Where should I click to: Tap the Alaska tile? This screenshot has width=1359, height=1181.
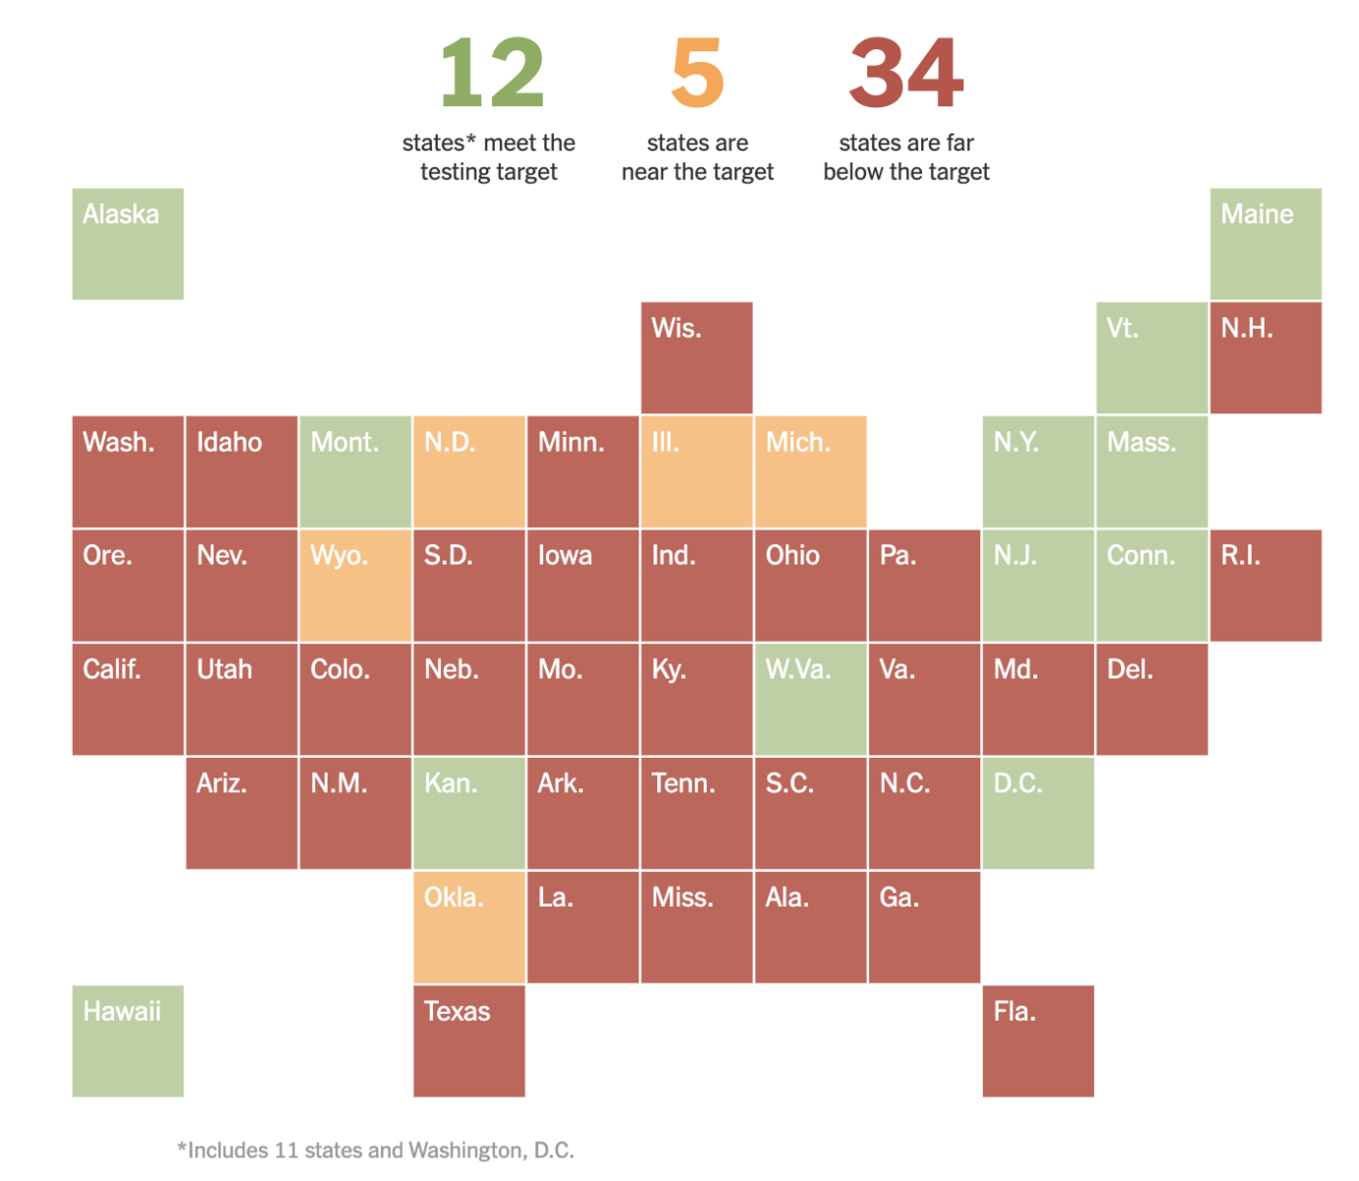(128, 244)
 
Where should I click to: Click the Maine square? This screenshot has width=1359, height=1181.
(1266, 244)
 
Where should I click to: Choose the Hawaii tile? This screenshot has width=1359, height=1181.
(128, 1041)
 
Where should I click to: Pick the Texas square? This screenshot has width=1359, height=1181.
(469, 1041)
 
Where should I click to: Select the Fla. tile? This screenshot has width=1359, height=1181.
(1038, 1041)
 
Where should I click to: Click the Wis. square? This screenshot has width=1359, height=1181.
(697, 358)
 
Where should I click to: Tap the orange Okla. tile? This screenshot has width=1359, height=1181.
(469, 927)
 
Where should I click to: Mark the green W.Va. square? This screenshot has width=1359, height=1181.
(811, 700)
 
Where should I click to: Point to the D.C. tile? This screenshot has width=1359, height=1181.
(1038, 813)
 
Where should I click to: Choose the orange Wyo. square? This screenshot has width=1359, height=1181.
(355, 586)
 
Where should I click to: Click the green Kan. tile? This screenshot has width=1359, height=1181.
(469, 813)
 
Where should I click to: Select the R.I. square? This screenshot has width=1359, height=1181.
(1266, 586)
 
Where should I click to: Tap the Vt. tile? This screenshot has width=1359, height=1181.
(1152, 358)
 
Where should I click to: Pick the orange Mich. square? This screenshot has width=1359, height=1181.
(811, 471)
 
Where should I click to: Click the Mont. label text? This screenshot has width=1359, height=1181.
(344, 443)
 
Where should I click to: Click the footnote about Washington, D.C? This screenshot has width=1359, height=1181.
(376, 1150)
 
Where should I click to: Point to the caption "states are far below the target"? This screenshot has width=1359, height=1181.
(906, 157)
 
